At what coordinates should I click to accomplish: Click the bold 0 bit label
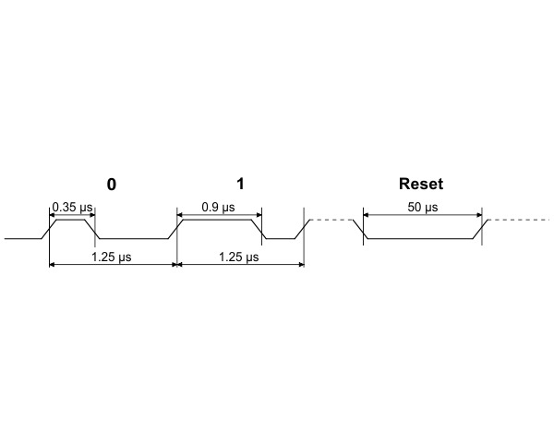coord(112,184)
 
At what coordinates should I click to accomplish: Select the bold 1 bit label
coord(241,184)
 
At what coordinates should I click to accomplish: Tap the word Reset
coord(421,184)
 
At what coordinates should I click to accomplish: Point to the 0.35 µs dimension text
coord(70,207)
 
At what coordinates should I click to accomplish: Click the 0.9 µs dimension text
coord(218,207)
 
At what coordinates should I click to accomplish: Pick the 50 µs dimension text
coord(422,207)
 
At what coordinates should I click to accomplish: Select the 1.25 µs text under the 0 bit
coord(111,256)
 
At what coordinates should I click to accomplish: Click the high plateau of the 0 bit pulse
coord(72,220)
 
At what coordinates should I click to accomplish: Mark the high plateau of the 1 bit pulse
coord(218,220)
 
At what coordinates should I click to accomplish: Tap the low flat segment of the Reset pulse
coord(421,239)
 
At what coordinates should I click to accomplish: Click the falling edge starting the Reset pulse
coord(363,230)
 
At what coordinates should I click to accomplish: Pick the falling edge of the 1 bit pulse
coord(259,230)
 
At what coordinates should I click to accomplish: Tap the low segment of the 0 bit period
coord(133,239)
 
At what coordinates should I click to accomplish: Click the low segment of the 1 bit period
coord(281,239)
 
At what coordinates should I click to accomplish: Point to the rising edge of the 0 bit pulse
coord(52,230)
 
